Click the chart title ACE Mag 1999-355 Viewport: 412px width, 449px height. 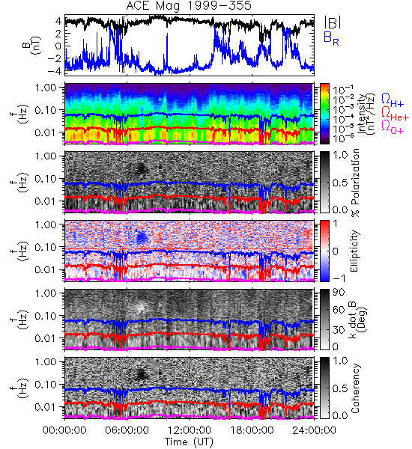pyautogui.click(x=189, y=6)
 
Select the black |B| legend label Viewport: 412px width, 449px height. pyautogui.click(x=333, y=22)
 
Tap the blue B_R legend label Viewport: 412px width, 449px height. pyautogui.click(x=331, y=39)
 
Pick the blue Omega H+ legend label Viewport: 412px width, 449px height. pyautogui.click(x=393, y=100)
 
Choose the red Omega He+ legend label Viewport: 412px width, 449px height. pyautogui.click(x=395, y=113)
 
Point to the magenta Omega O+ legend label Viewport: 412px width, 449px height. pyautogui.click(x=393, y=127)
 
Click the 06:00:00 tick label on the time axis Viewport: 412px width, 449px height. pyautogui.click(x=127, y=430)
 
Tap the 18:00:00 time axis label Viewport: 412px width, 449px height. pyautogui.click(x=252, y=430)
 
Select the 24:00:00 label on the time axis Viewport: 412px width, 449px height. pyautogui.click(x=314, y=430)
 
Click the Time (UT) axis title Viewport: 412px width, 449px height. pyautogui.click(x=189, y=442)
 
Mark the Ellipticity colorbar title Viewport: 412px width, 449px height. pyautogui.click(x=354, y=251)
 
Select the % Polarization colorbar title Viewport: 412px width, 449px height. pyautogui.click(x=354, y=183)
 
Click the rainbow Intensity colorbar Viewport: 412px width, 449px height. pyautogui.click(x=324, y=114)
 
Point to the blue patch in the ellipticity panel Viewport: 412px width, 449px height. pyautogui.click(x=141, y=237)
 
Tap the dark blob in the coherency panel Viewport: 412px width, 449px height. pyautogui.click(x=141, y=373)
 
